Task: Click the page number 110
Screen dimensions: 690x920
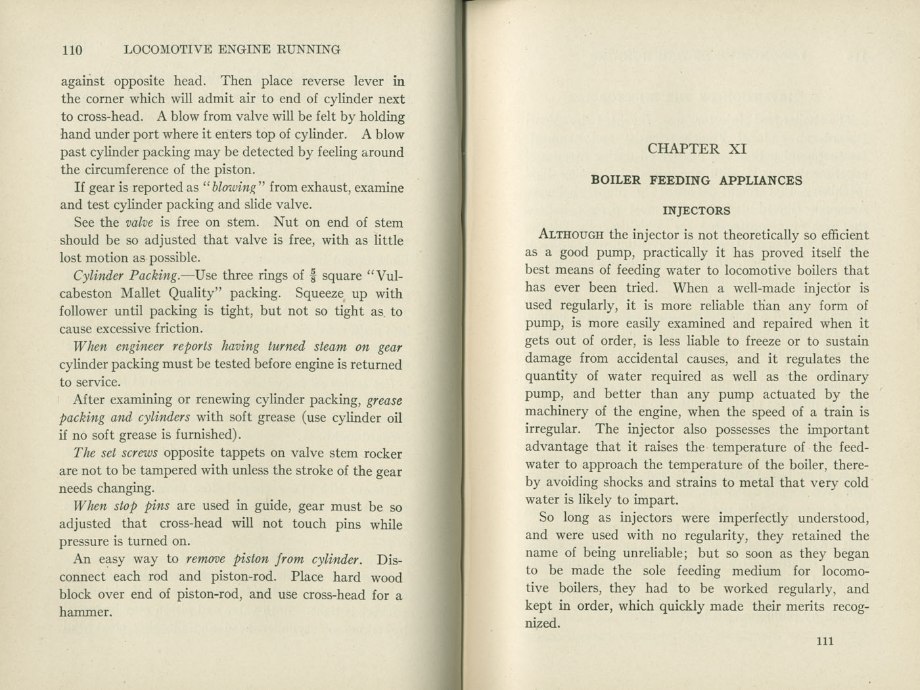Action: click(72, 50)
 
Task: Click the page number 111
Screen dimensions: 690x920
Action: click(825, 641)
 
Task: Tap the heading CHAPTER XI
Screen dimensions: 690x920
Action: click(697, 149)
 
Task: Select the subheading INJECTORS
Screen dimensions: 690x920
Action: click(697, 211)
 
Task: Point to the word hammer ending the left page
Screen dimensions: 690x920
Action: click(83, 612)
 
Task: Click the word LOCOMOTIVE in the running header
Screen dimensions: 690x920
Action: click(168, 50)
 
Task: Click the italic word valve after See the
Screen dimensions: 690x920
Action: click(139, 223)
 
